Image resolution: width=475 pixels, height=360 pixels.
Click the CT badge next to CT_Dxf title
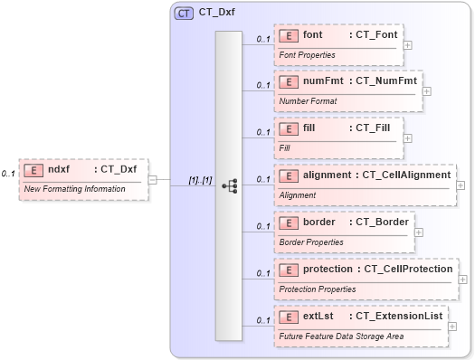184,14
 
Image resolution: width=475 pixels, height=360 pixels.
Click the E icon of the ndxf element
33,169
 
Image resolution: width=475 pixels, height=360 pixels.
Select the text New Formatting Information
74,188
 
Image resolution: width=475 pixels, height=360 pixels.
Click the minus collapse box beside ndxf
153,179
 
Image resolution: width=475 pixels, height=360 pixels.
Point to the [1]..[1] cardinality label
199,180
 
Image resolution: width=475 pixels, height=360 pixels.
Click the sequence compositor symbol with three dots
229,185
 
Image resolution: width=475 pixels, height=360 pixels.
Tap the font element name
313,34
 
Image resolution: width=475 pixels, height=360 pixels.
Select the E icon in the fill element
290,128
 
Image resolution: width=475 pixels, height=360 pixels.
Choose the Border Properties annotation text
310,242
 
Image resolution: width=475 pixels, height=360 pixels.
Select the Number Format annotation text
308,100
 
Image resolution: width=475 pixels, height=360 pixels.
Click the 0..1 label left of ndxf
8,173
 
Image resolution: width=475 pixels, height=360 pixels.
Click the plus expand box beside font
408,43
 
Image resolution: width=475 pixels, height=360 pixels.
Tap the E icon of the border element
290,223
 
